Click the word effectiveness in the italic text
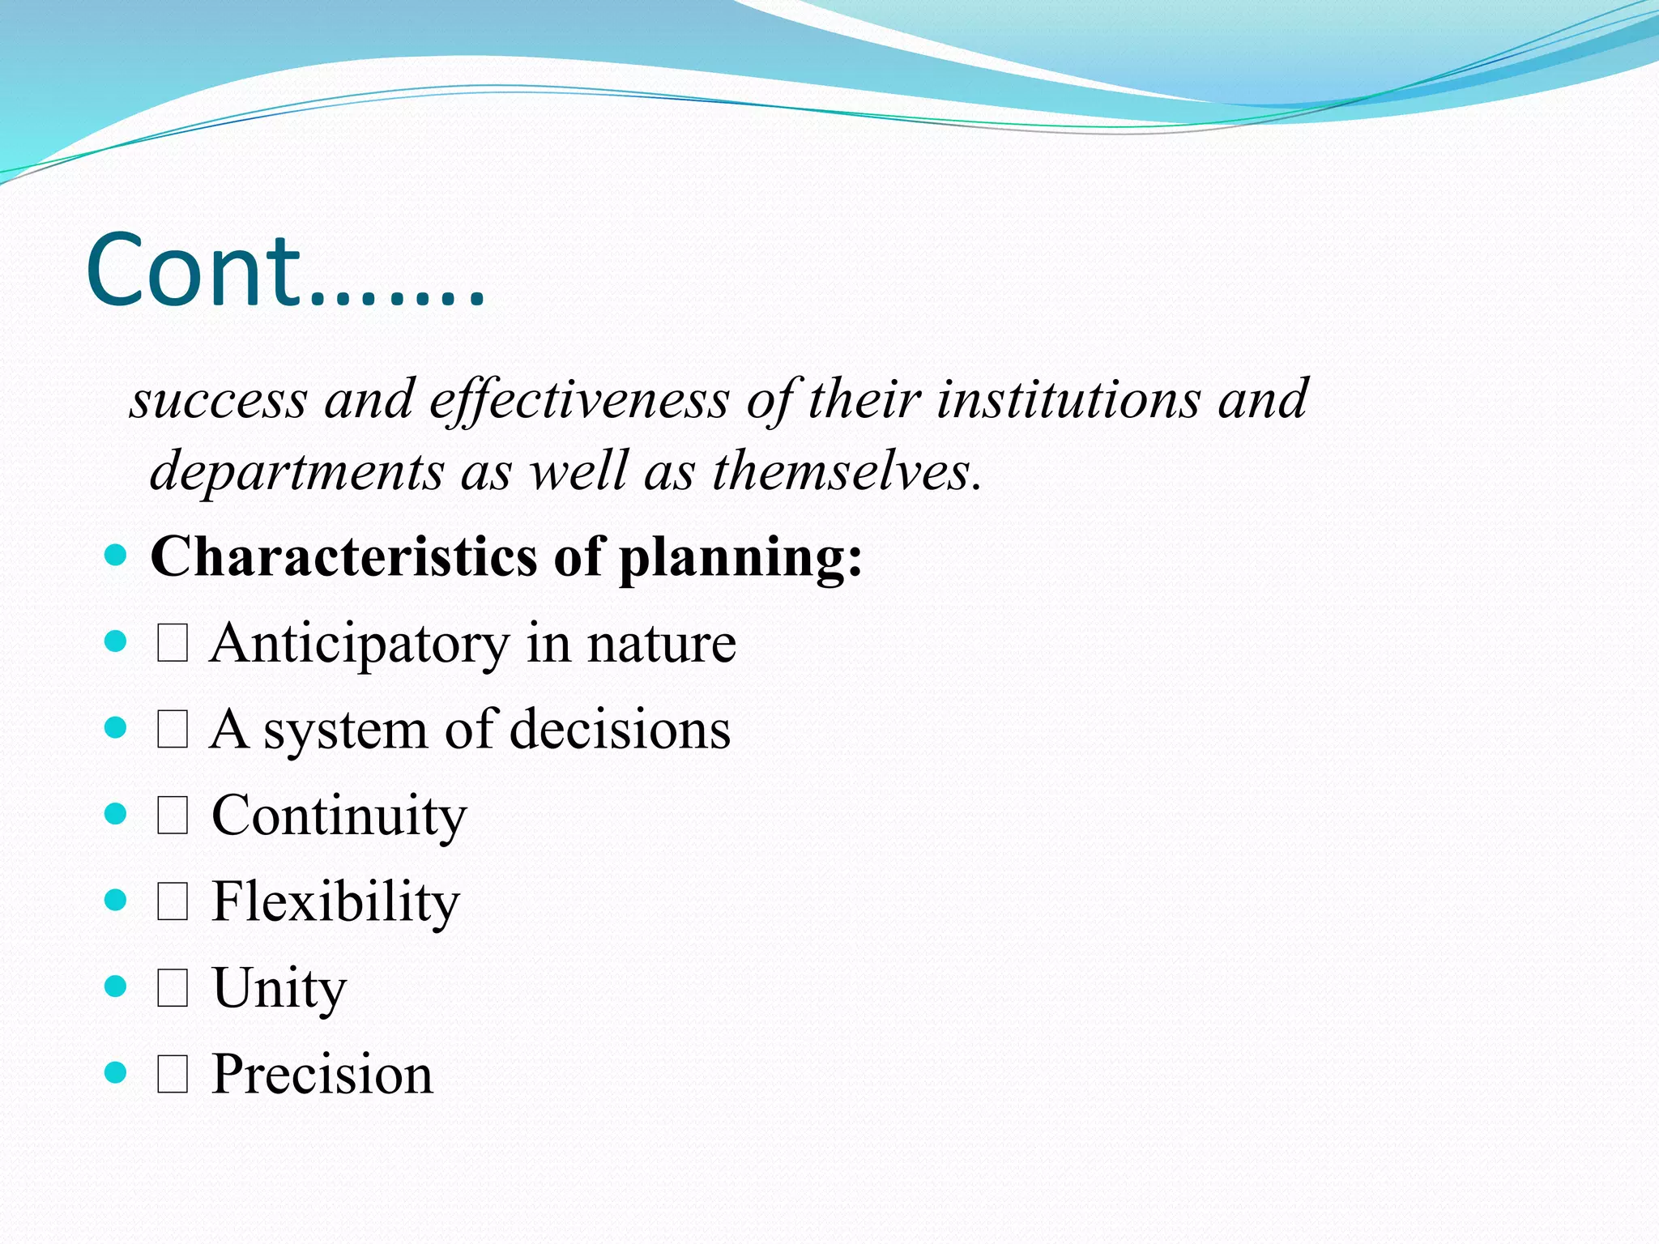(579, 400)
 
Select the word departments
(296, 471)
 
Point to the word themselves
(847, 471)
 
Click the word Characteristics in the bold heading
(343, 557)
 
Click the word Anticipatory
(359, 645)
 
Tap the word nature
(661, 645)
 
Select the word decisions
(620, 730)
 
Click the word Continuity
(339, 816)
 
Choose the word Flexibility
(335, 902)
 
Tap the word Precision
(322, 1075)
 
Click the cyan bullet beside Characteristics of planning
(116, 556)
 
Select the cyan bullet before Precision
(116, 1073)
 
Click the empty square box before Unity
(173, 989)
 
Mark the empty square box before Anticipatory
(173, 645)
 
